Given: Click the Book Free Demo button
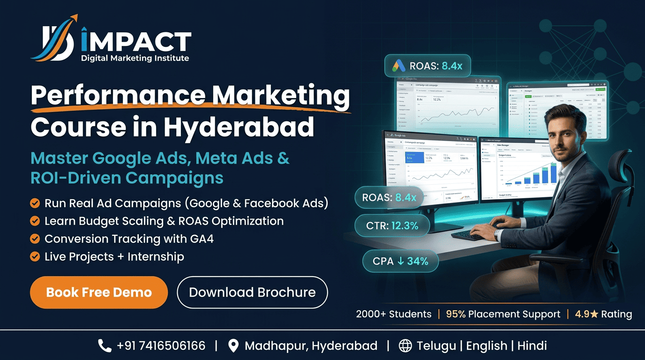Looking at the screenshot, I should pos(99,292).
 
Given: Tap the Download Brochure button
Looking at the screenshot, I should pos(252,292).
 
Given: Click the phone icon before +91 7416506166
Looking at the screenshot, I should pos(105,346).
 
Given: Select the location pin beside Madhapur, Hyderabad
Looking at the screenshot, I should pos(233,346).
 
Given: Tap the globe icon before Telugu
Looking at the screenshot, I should pos(405,346).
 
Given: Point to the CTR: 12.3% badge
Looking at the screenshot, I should pos(392,226).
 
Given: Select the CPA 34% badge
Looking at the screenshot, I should pos(400,261).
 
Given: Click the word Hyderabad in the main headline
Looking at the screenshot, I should pos(239,126).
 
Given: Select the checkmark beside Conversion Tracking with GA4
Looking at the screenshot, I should pos(35,239).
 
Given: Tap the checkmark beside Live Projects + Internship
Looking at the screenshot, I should pos(35,256).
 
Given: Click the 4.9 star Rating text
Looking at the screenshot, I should pos(603,314).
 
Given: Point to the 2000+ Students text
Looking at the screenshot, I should pos(393,314).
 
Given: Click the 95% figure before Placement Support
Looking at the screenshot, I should pos(456,314).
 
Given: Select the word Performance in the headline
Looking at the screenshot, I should pos(118,96).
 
